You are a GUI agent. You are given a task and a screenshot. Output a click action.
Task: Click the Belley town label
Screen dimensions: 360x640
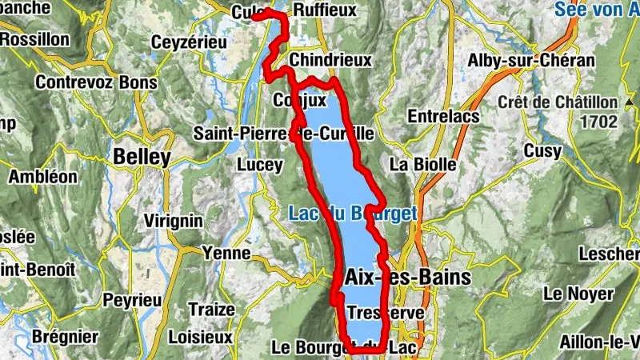(x=142, y=157)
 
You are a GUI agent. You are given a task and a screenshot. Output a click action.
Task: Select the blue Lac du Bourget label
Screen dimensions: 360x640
(x=353, y=214)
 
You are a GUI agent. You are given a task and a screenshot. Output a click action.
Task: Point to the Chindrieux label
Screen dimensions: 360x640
(x=331, y=61)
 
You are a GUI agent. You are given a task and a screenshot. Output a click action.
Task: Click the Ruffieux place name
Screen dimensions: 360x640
(x=325, y=10)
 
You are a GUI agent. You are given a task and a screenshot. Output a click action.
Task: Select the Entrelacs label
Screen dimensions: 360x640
(x=443, y=117)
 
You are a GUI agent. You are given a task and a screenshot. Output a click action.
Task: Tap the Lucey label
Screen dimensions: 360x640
(x=260, y=165)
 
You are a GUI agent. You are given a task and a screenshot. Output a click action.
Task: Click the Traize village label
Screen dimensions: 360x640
(x=211, y=309)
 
